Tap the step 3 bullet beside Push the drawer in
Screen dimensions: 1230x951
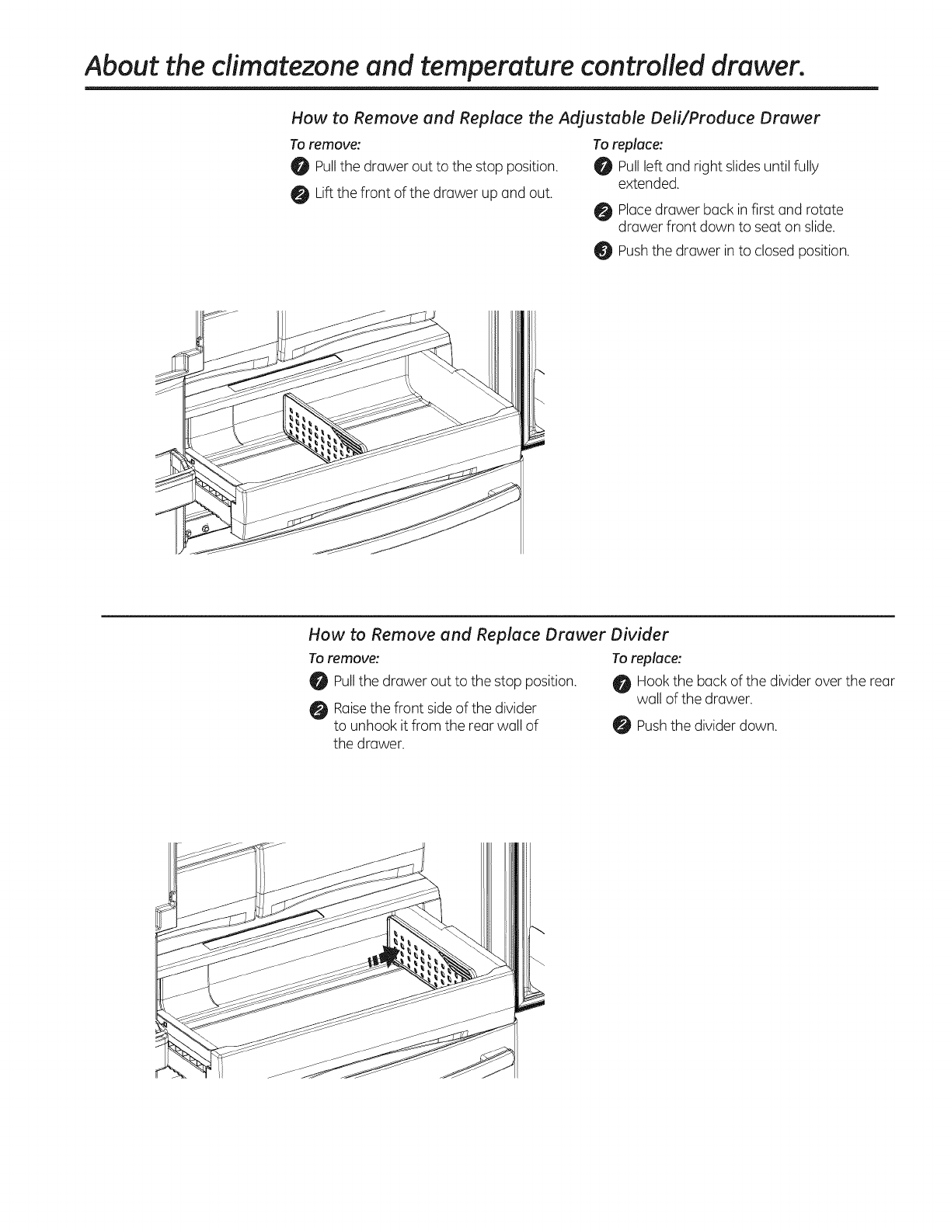pos(603,251)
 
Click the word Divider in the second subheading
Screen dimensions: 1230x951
pos(634,634)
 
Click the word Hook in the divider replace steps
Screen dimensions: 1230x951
pos(650,682)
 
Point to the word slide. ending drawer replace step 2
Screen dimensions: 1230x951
pos(817,227)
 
